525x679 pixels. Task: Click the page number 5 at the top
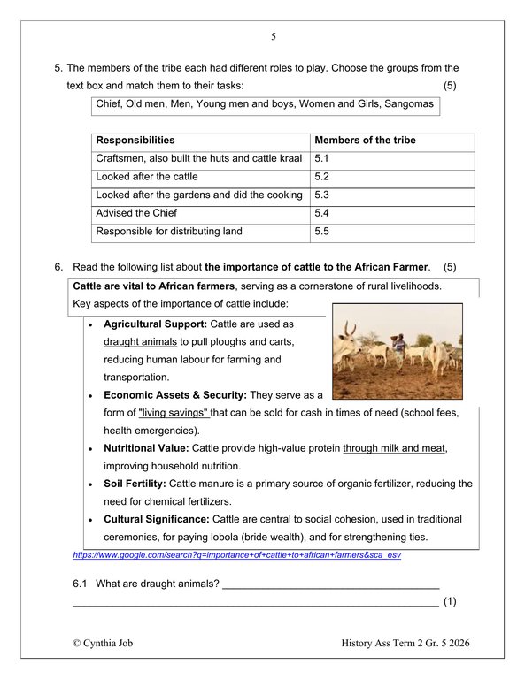click(274, 37)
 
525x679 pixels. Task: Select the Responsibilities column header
click(135, 141)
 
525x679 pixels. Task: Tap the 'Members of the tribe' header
click(365, 141)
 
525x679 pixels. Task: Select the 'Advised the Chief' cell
click(136, 213)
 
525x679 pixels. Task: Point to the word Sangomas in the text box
click(409, 105)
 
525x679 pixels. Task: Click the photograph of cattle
click(397, 353)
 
